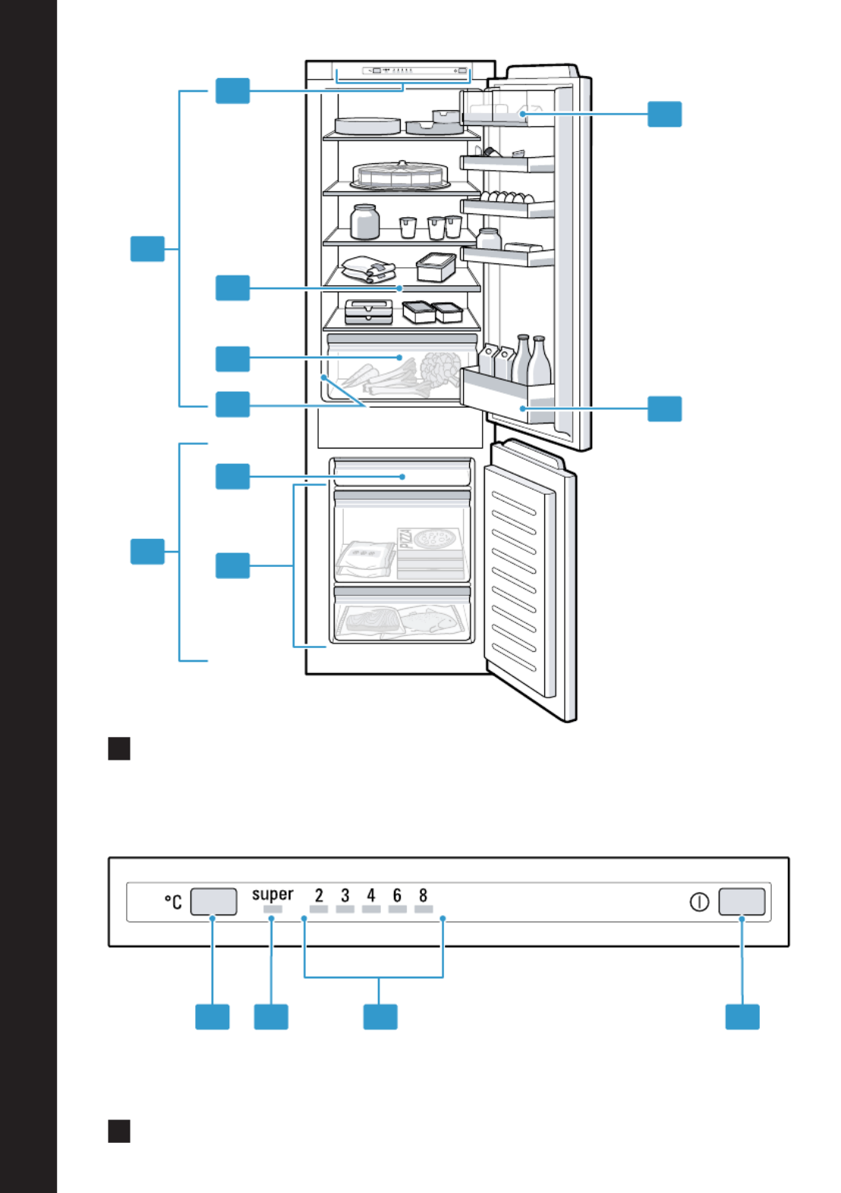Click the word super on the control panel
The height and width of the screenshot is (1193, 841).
point(272,894)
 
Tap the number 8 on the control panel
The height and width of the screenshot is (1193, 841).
point(423,895)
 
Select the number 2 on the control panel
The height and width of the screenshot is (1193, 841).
point(319,895)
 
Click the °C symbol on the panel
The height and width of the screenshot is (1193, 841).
point(173,901)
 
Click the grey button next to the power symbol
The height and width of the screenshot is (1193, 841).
point(742,901)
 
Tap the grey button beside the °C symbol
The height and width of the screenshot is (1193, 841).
point(213,901)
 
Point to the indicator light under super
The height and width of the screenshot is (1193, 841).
point(272,909)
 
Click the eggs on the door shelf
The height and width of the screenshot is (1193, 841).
point(507,197)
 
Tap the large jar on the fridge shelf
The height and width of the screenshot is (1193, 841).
point(365,222)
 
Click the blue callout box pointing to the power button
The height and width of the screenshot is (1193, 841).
point(742,1017)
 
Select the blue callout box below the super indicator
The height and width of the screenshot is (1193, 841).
point(271,1017)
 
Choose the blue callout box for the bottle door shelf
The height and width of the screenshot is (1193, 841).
point(664,409)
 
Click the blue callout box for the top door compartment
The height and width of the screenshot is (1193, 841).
point(664,114)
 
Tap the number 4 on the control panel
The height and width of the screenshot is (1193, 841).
point(371,895)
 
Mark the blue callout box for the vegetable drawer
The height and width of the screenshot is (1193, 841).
point(233,359)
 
